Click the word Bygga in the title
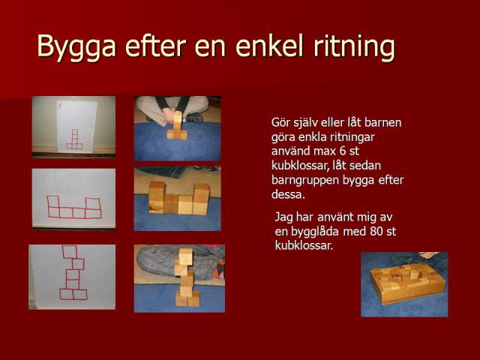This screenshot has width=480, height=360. [76, 46]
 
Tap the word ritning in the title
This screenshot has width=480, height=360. [354, 46]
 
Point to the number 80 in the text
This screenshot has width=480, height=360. [376, 231]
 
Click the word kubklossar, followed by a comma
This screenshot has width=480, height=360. [309, 166]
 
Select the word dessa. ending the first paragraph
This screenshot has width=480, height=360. [288, 195]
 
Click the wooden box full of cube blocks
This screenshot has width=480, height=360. [407, 283]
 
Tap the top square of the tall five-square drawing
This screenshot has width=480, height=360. [70, 252]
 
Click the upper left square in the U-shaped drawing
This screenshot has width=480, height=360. [53, 202]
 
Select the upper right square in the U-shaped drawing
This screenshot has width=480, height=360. [93, 203]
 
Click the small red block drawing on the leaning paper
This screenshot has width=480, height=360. [75, 139]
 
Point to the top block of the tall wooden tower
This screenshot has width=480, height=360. [185, 256]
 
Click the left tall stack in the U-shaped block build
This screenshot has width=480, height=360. [157, 197]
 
